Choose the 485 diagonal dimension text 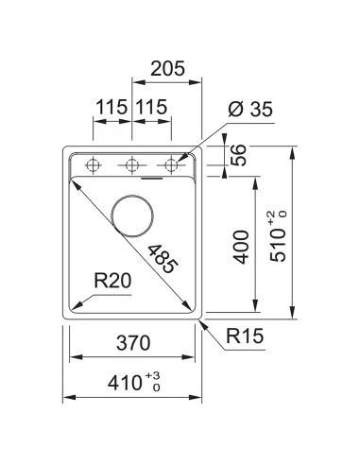[162, 256]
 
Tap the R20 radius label [111, 280]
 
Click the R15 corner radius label [244, 336]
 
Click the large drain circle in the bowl [132, 215]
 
